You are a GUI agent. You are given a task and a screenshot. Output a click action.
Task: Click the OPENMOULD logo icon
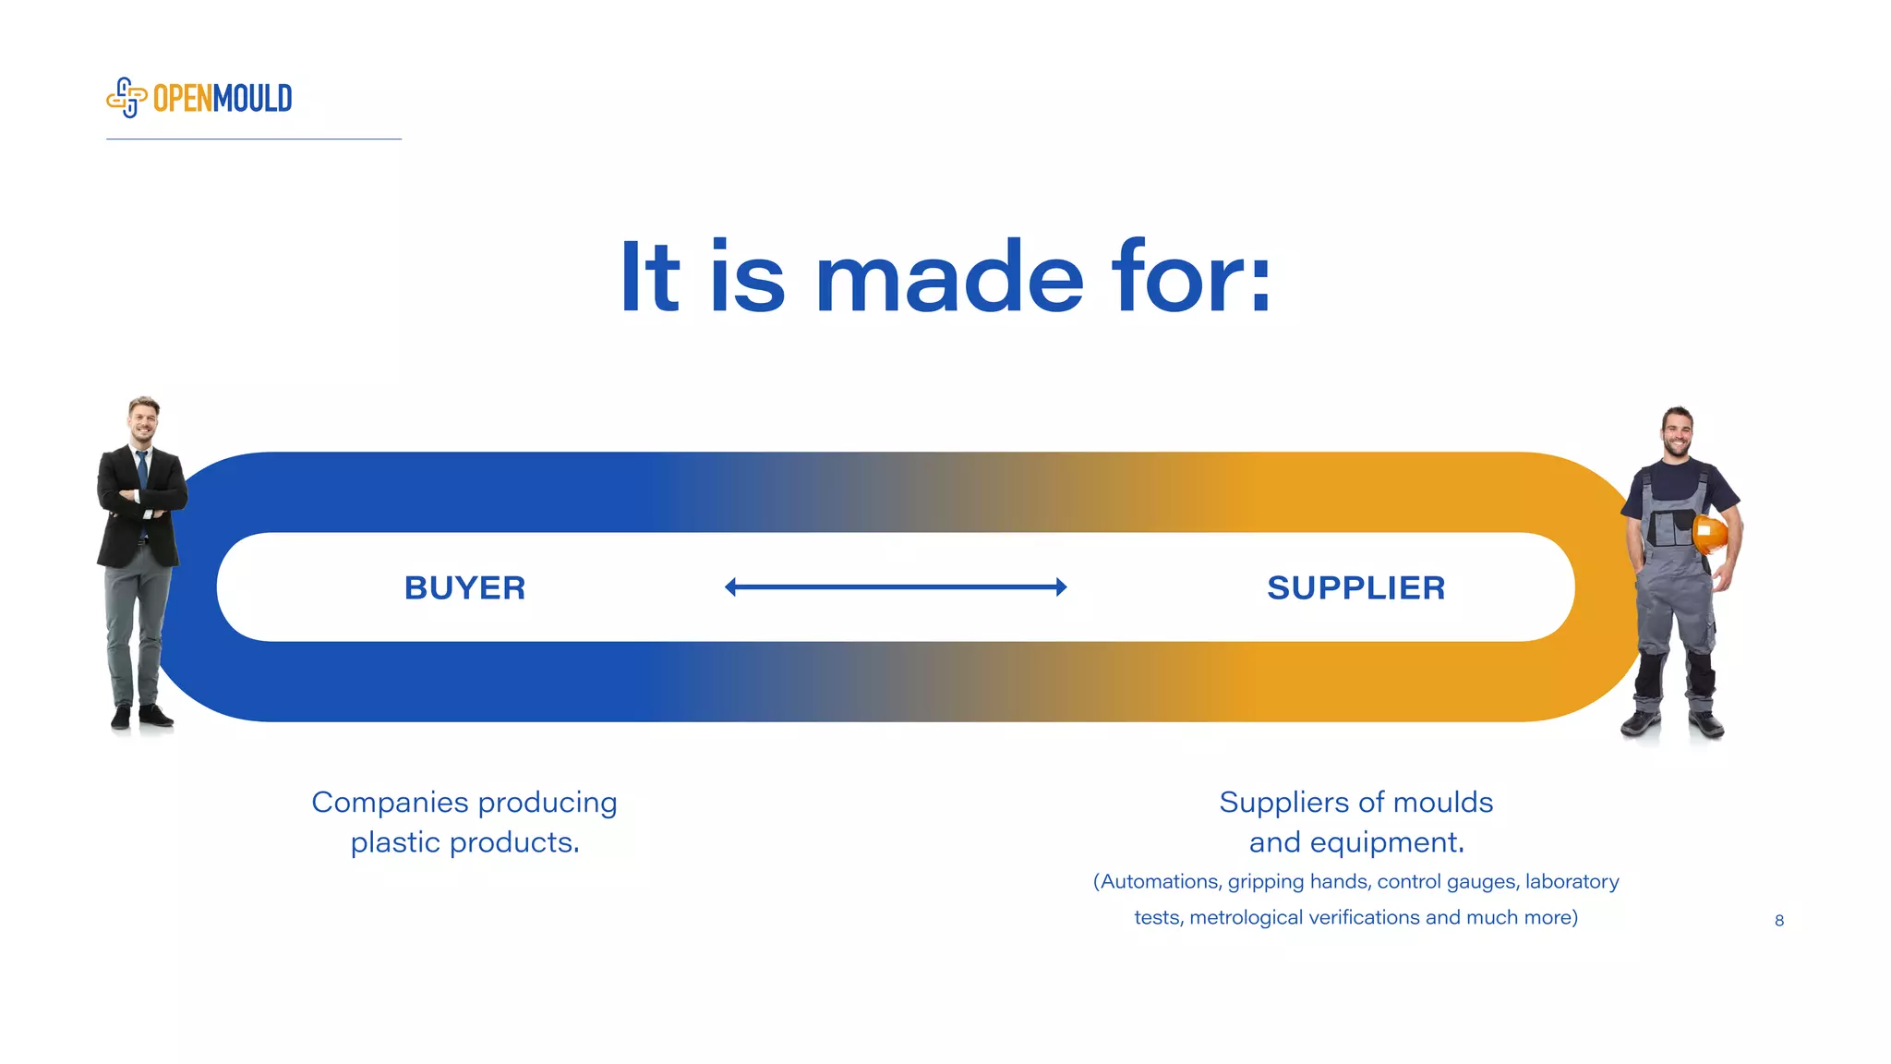coord(126,98)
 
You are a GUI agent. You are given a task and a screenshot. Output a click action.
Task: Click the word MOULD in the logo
coord(252,98)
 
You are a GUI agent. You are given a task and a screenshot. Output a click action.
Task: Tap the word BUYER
coord(464,587)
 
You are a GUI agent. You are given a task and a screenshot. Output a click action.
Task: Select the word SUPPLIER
coord(1355,587)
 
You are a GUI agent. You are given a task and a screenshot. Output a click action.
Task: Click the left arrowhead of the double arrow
coord(730,586)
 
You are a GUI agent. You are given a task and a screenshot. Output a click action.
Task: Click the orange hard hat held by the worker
coord(1710,534)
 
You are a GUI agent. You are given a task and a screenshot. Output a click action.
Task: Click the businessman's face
coord(143,422)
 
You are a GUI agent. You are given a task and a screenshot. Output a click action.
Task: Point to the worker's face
coord(1677,432)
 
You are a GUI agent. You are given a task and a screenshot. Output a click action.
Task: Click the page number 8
coord(1778,920)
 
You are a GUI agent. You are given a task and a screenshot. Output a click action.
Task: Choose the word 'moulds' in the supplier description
coord(1442,802)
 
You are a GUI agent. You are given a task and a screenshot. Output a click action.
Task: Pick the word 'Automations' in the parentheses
coord(1160,881)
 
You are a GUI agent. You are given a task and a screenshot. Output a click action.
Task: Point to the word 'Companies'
coord(390,802)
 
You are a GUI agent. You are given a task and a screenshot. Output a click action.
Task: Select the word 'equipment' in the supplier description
coord(1383,842)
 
